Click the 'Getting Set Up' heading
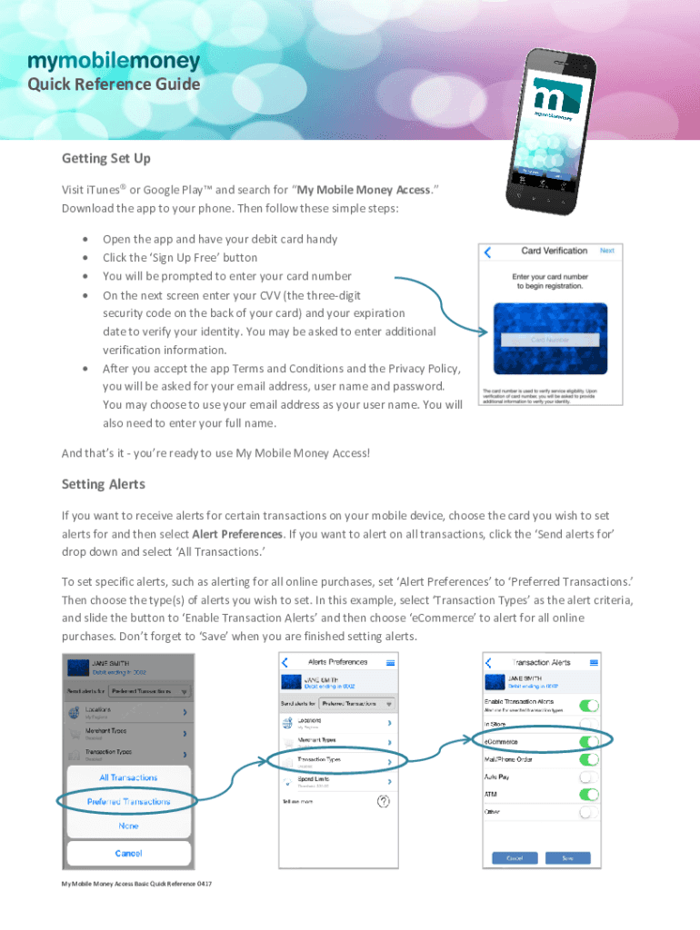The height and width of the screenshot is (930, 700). tap(106, 159)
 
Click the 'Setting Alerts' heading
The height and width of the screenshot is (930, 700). tap(104, 484)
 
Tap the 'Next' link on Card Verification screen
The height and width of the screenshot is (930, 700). tap(607, 251)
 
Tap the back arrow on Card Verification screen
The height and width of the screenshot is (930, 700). tap(487, 252)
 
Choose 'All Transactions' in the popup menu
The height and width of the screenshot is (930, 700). tap(128, 777)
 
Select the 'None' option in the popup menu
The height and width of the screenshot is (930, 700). tap(128, 826)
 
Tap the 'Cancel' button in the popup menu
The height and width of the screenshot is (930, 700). tap(128, 853)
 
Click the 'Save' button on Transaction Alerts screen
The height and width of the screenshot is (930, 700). tap(567, 857)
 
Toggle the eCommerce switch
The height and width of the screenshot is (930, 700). tap(589, 741)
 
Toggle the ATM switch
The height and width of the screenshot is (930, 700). tap(589, 795)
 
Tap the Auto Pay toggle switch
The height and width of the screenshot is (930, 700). tap(589, 777)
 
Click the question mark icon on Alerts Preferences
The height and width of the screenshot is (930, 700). tap(384, 801)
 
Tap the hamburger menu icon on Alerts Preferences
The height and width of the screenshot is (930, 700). tap(391, 663)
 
